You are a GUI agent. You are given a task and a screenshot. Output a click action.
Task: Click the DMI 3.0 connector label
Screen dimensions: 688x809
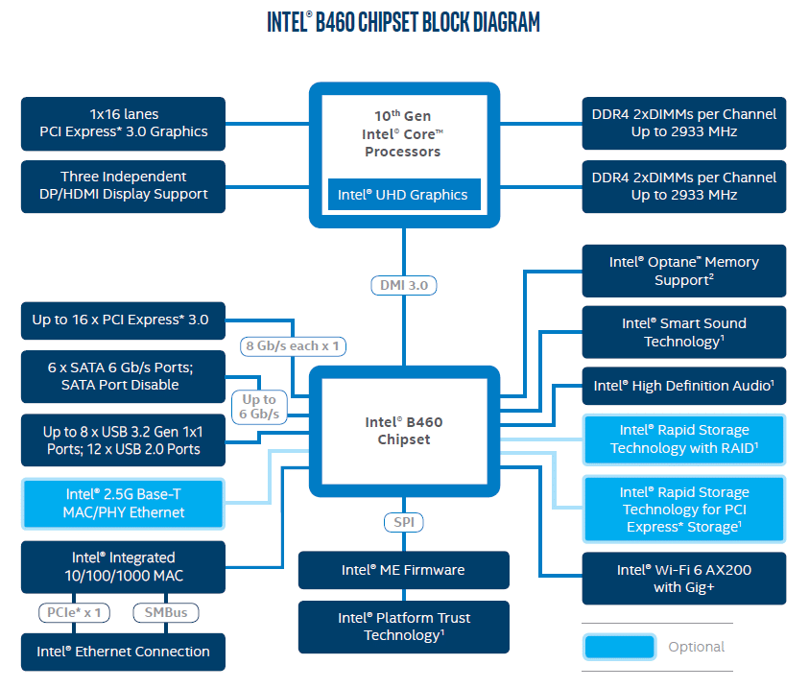point(404,285)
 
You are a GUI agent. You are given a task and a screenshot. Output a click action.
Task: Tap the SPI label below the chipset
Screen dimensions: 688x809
point(404,523)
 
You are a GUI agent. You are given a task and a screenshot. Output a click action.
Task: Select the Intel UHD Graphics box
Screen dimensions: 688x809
point(403,195)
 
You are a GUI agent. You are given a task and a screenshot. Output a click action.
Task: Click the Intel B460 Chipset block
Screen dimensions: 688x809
point(404,431)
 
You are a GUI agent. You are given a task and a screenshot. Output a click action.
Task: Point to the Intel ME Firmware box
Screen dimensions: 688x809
point(403,570)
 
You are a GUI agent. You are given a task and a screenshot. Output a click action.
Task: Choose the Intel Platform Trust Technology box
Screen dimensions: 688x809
point(403,627)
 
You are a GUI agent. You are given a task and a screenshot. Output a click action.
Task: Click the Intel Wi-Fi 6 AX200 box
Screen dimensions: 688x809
point(683,579)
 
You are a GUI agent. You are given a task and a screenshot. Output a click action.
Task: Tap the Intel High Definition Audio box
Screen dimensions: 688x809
point(683,386)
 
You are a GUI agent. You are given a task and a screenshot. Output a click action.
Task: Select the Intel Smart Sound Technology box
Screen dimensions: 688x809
point(683,332)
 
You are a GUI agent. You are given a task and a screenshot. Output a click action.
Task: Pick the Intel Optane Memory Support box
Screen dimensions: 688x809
point(683,271)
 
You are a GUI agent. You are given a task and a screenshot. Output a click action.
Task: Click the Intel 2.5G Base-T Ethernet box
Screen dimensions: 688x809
point(124,503)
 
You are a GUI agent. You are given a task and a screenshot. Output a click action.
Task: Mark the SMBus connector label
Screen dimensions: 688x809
point(165,612)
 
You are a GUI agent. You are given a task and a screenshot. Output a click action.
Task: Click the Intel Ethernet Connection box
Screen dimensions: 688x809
point(124,652)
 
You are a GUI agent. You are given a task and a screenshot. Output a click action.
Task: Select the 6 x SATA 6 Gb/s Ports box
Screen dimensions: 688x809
point(124,376)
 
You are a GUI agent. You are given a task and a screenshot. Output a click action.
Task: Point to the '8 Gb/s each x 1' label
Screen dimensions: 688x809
point(295,345)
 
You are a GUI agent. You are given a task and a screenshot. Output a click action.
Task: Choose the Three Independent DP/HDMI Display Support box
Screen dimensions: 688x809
point(124,185)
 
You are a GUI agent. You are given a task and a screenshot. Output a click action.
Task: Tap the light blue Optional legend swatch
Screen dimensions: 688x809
point(618,647)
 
